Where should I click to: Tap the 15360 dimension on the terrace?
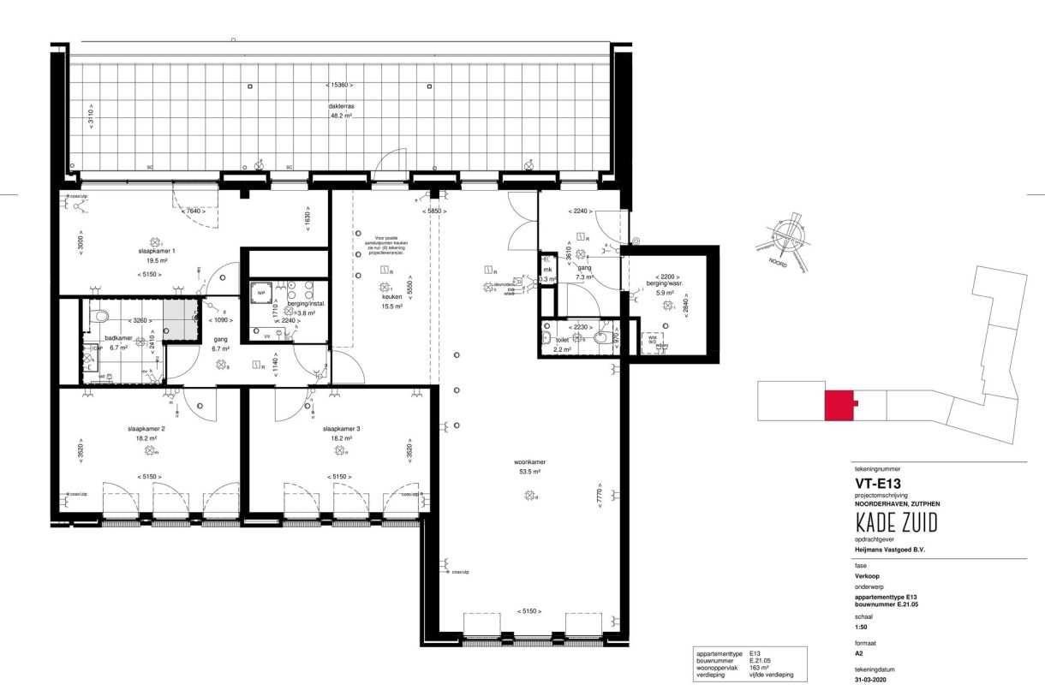click(340, 85)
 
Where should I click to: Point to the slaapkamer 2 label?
click(151, 428)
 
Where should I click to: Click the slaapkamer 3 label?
click(341, 428)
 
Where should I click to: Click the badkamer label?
click(117, 337)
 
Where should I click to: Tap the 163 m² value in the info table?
click(758, 667)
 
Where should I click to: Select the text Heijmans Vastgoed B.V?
click(890, 550)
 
